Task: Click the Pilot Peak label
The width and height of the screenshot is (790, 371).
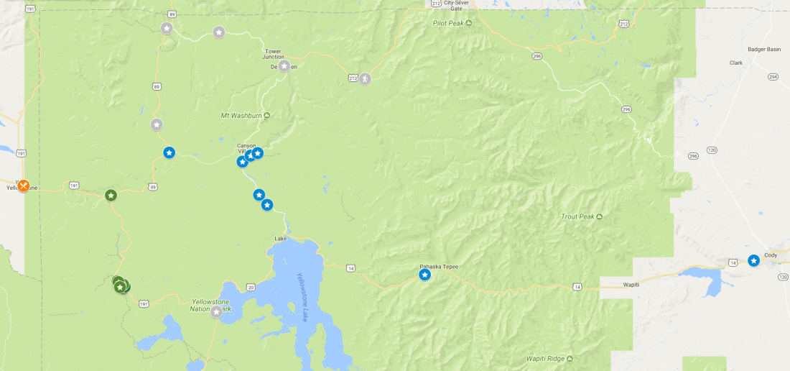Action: click(449, 23)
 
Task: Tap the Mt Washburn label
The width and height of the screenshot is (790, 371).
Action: click(241, 116)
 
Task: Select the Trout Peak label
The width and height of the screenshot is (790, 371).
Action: click(577, 216)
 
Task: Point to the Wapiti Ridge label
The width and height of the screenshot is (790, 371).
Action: click(544, 358)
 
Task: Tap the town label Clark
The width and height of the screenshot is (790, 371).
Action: click(735, 63)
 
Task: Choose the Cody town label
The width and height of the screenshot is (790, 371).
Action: click(771, 255)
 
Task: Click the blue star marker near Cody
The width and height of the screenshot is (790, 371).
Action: click(753, 260)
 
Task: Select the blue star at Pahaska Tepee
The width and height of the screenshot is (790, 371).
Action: click(424, 275)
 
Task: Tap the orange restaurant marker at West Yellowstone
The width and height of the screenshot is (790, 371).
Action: click(23, 185)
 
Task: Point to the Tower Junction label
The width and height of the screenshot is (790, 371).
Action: click(273, 54)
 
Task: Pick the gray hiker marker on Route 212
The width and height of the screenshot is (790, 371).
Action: click(365, 78)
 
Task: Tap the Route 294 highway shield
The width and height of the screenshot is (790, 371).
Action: click(773, 76)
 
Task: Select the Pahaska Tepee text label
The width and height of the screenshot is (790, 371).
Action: click(439, 266)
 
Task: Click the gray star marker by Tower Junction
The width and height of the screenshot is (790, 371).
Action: click(284, 66)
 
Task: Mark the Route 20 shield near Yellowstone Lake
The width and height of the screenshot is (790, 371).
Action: click(251, 287)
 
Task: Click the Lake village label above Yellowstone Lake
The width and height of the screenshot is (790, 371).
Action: click(281, 238)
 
